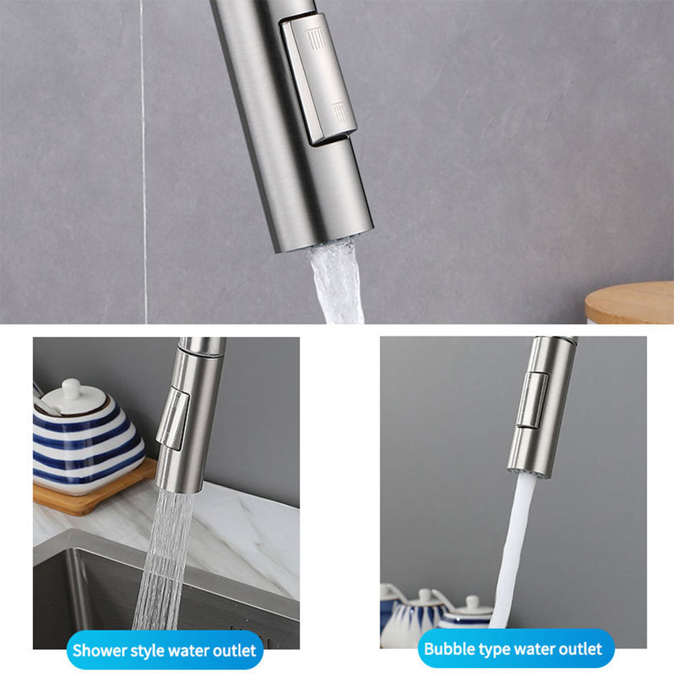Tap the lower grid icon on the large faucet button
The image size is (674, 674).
tap(339, 113)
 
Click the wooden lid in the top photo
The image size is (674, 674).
tap(630, 302)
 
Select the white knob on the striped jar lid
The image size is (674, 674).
tap(71, 388)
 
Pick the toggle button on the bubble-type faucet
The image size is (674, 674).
tap(532, 400)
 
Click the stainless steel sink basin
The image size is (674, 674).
tap(168, 597)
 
